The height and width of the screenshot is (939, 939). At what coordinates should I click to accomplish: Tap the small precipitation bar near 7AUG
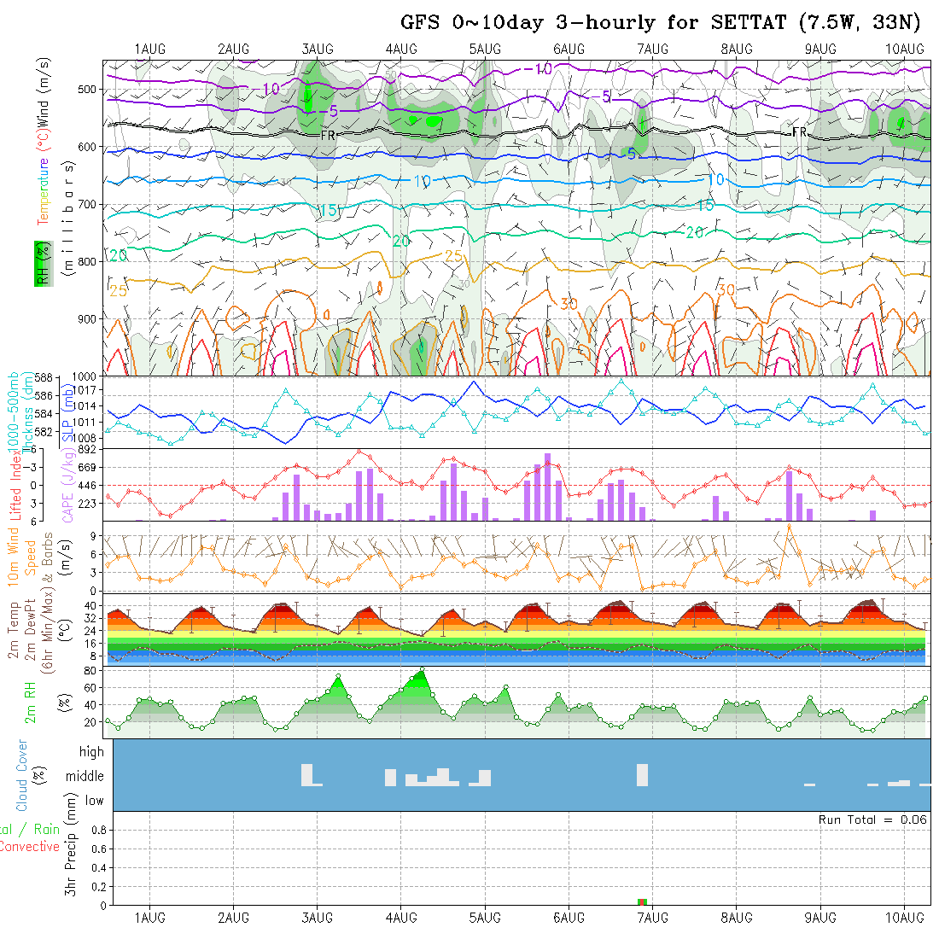[643, 901]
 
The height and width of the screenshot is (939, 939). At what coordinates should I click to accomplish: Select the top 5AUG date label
[485, 49]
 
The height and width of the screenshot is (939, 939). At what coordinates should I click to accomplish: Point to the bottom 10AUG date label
[905, 918]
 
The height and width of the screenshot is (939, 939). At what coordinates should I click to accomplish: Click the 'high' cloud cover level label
[91, 752]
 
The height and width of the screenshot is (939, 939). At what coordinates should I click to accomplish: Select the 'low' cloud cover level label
[94, 801]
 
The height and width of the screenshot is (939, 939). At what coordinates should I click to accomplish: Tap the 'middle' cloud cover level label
[85, 777]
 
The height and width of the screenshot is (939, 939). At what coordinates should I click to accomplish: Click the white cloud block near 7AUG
[643, 775]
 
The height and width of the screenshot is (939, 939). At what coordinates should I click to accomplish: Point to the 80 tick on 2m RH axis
[88, 670]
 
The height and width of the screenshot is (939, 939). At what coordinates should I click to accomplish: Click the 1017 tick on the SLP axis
[89, 390]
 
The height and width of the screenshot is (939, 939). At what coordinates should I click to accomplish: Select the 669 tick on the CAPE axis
[89, 467]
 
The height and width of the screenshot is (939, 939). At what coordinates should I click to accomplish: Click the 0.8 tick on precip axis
[98, 830]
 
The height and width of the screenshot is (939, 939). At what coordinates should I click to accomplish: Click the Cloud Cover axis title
[22, 775]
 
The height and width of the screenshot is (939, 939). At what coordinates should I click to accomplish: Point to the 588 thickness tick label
[46, 377]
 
